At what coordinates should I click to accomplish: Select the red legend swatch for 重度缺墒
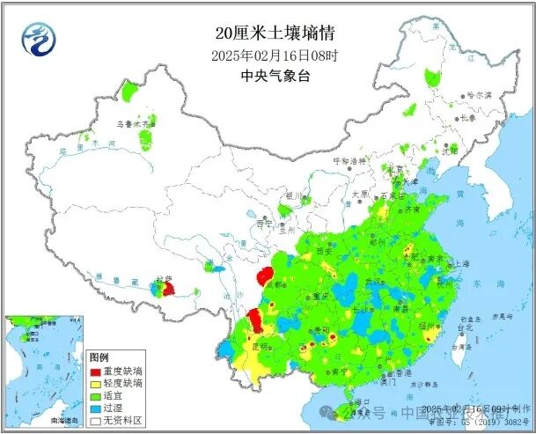click(x=96, y=372)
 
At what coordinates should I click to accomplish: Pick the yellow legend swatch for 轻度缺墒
click(x=96, y=385)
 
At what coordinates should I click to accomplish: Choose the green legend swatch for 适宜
click(x=96, y=397)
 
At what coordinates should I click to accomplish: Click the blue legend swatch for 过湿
click(x=96, y=409)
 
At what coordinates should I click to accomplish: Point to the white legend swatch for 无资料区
click(x=96, y=422)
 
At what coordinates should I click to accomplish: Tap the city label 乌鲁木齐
click(x=133, y=125)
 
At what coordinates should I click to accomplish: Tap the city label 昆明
click(x=259, y=347)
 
